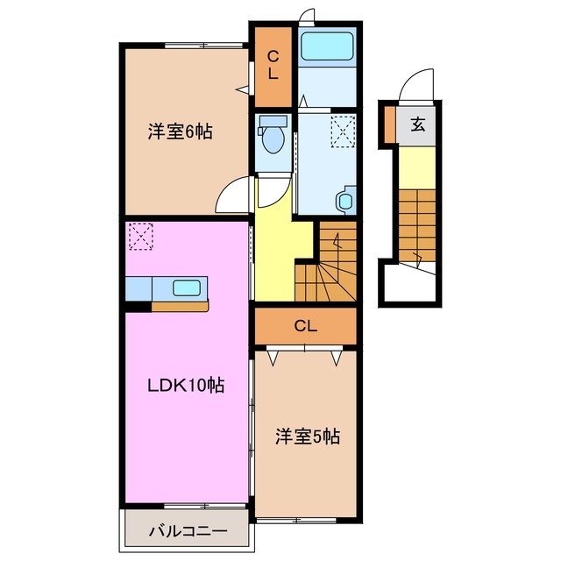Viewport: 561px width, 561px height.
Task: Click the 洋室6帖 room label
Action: pyautogui.click(x=180, y=133)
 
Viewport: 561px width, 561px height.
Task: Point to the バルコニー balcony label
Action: pyautogui.click(x=187, y=530)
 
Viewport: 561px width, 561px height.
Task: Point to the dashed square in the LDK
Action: pyautogui.click(x=140, y=235)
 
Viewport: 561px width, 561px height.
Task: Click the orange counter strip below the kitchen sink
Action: pyautogui.click(x=180, y=306)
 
